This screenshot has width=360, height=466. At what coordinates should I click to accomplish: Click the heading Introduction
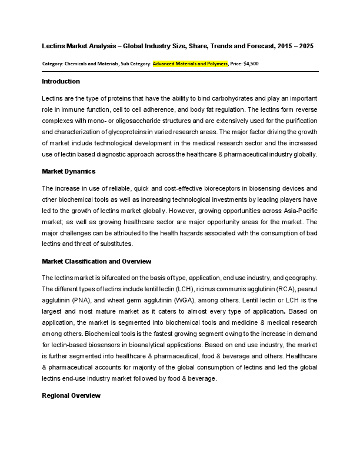click(x=61, y=81)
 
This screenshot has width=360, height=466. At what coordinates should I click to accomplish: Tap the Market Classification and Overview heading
click(x=96, y=261)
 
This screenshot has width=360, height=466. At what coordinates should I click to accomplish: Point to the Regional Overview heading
click(x=71, y=395)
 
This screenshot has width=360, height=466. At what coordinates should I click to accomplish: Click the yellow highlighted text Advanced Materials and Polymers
click(x=190, y=63)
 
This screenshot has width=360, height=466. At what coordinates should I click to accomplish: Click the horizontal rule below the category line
click(x=180, y=71)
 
